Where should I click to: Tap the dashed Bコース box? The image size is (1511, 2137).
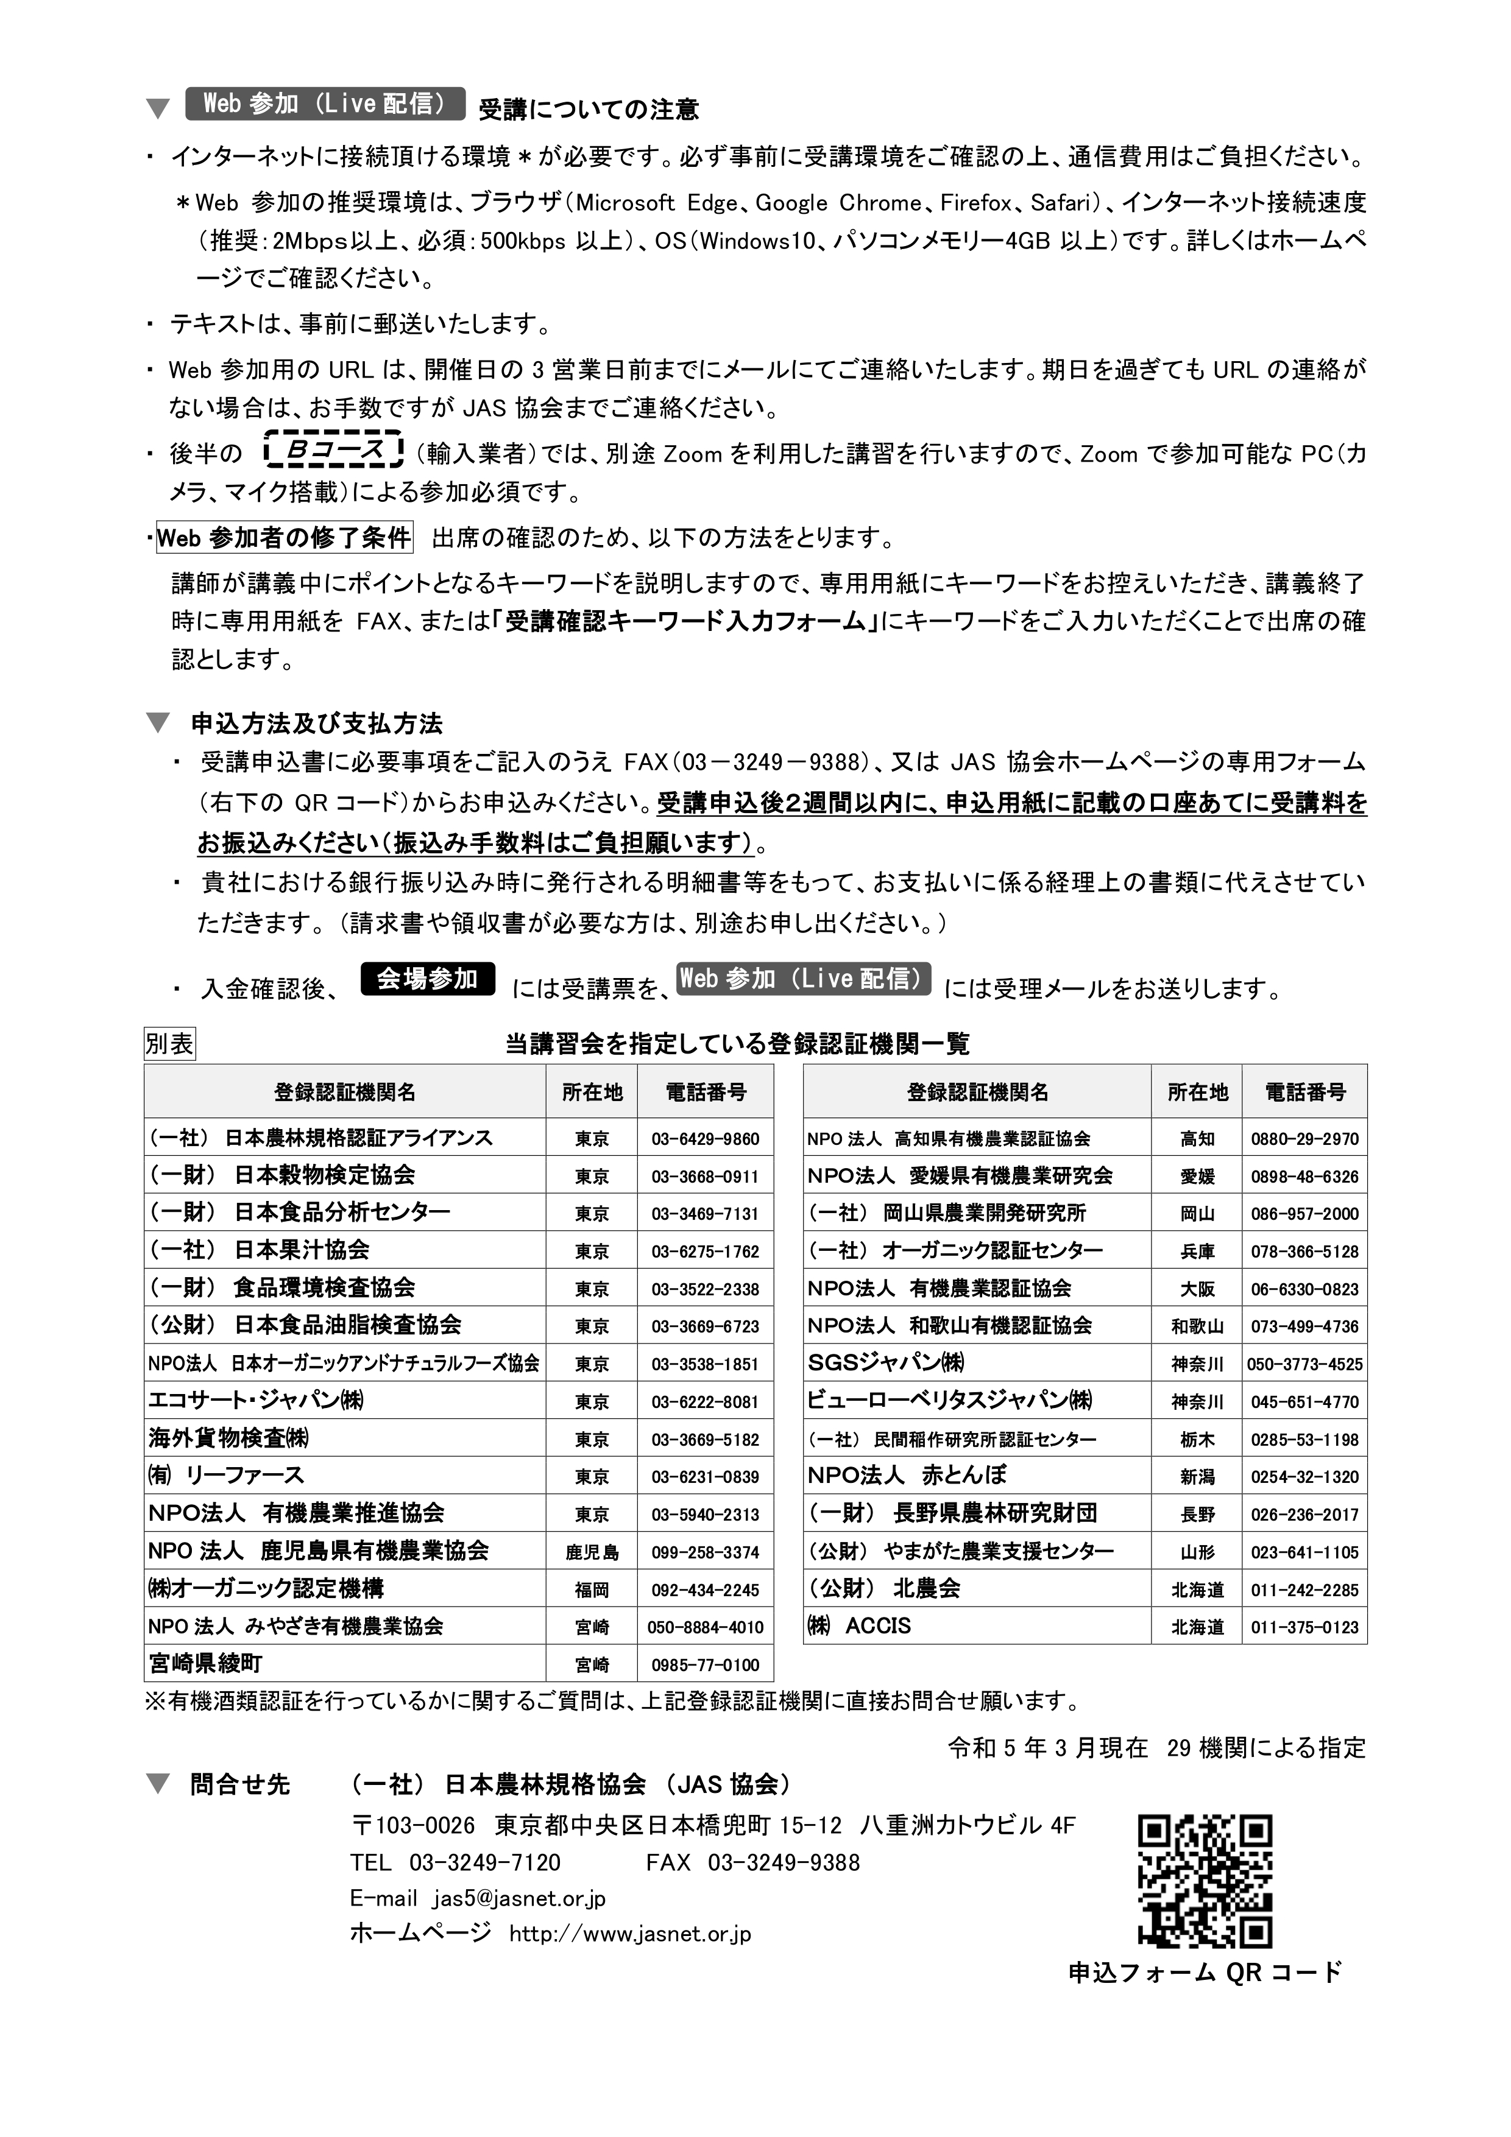point(333,451)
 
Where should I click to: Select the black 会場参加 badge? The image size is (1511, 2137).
point(427,979)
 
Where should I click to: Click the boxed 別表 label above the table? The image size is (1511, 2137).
point(169,1044)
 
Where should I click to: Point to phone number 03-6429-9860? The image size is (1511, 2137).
point(705,1138)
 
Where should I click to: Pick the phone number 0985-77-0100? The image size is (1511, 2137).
point(705,1664)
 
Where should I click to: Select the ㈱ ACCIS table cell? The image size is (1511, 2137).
point(977,1626)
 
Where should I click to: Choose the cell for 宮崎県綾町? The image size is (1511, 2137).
point(344,1664)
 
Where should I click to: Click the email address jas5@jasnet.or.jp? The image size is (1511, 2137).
point(518,1899)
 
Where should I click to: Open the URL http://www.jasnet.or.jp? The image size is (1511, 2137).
point(629,1934)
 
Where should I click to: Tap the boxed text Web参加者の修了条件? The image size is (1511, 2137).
point(284,538)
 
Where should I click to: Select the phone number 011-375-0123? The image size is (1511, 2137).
point(1304,1627)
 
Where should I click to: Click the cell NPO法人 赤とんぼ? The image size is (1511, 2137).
point(977,1475)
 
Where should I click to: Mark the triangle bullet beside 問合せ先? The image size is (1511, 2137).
point(159,1784)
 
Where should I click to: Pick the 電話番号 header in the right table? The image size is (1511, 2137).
point(1304,1092)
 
